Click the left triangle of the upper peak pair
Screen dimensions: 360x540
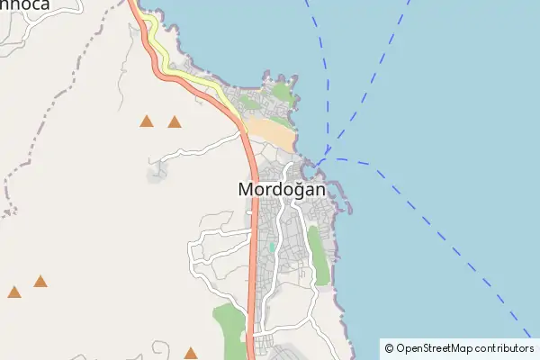147,121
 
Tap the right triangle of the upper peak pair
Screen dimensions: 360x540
175,122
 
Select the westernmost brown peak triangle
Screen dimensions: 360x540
14,292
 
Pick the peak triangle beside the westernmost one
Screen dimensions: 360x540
40,282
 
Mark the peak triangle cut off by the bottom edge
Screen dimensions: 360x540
191,354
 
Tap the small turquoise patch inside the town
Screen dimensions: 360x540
270,247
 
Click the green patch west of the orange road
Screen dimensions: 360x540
229,328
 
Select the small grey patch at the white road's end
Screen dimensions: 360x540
157,168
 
